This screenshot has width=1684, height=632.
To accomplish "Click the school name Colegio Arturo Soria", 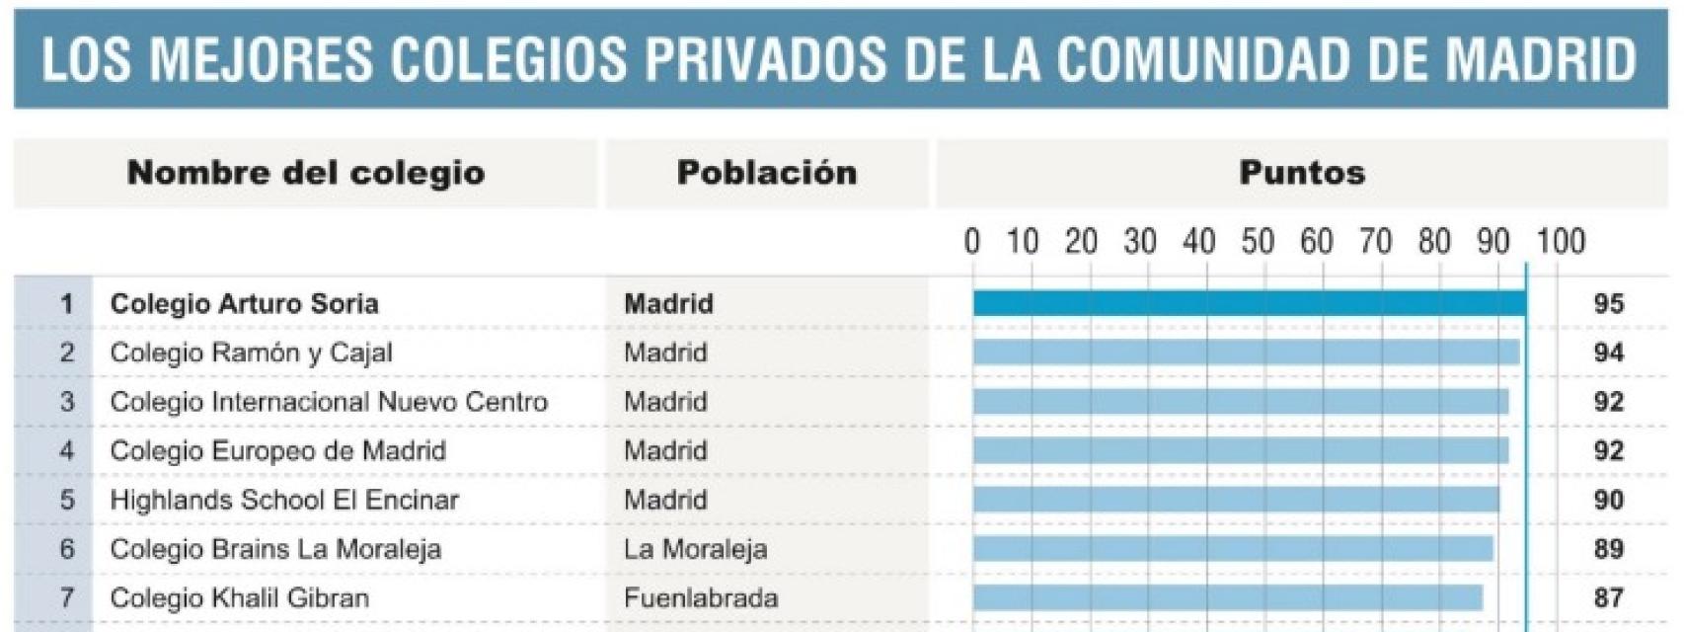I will tap(244, 303).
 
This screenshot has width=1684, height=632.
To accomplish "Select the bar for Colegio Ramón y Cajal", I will tap(1246, 353).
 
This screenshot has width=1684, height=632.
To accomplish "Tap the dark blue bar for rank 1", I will tap(1249, 303).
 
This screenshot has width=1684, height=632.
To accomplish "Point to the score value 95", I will tap(1608, 303).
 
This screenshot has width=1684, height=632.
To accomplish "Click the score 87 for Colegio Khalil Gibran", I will tap(1608, 597).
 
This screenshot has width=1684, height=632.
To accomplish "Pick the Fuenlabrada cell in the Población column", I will tap(701, 597).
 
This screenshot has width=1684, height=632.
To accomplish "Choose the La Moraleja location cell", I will tap(695, 549).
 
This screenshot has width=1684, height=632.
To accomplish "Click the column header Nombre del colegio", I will tap(306, 173).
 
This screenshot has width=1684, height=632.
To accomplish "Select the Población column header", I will tap(767, 173).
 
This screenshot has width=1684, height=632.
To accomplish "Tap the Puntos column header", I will tap(1302, 173).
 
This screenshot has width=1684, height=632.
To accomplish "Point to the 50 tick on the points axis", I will tap(1257, 242).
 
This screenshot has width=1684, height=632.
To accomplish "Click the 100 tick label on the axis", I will tap(1561, 242).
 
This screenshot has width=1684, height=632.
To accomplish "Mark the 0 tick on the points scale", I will tap(972, 242).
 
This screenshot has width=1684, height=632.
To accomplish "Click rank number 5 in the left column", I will tap(66, 500).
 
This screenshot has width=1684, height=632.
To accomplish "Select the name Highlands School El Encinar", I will tap(284, 500).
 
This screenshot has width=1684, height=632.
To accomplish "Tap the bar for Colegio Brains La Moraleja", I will tap(1233, 549).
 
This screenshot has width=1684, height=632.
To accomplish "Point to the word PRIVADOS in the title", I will tap(765, 59).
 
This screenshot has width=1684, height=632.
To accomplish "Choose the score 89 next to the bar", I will tap(1608, 549).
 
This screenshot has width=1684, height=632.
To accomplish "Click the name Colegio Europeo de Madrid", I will tap(277, 450).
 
